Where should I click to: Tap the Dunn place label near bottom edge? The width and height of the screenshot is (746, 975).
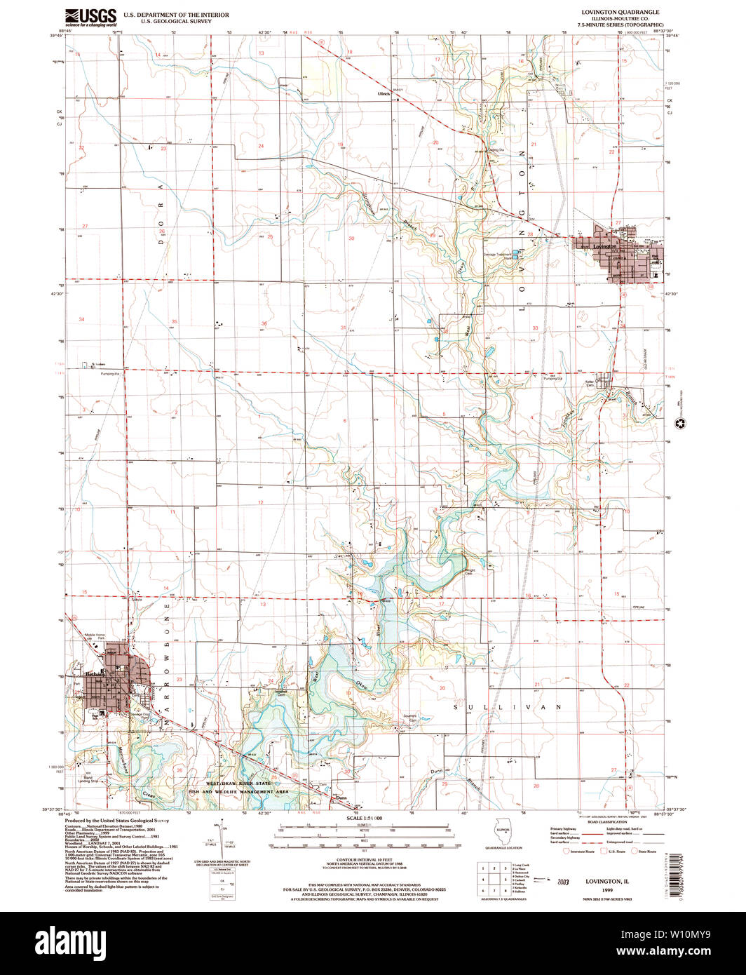tap(341, 798)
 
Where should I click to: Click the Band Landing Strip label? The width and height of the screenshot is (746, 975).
tap(88, 779)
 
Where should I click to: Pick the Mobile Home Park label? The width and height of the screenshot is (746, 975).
tap(95, 638)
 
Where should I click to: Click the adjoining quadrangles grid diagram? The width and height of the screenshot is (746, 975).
tap(491, 877)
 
